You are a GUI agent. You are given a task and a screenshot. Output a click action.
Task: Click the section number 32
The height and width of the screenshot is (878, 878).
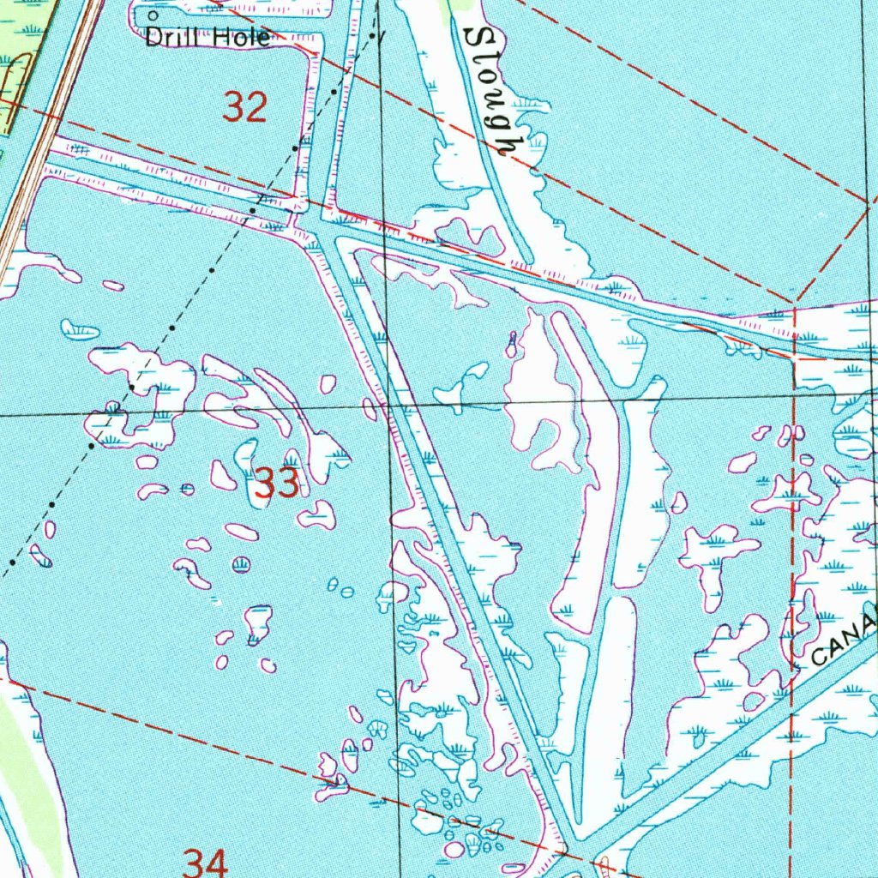pos(245,109)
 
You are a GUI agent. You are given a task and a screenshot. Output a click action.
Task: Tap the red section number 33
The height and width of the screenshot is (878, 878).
pos(277,484)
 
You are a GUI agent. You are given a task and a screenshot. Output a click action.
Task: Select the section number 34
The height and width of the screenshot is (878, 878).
pos(206,862)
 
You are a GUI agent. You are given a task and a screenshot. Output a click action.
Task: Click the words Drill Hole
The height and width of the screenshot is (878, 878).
pos(207,37)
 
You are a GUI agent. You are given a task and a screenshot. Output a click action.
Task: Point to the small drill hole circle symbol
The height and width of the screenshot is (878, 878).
pos(153,15)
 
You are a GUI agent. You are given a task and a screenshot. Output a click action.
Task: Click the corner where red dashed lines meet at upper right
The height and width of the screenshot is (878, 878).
pos(796,304)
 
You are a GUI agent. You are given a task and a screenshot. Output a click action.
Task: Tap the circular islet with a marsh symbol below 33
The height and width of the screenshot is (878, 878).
pos(242,564)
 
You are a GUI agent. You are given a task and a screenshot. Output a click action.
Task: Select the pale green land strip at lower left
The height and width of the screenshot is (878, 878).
pos(26,772)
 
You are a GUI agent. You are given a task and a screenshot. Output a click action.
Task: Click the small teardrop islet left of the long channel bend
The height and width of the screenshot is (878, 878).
pos(512,345)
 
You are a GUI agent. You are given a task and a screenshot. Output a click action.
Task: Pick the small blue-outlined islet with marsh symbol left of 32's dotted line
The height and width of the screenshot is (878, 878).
pos(80,328)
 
